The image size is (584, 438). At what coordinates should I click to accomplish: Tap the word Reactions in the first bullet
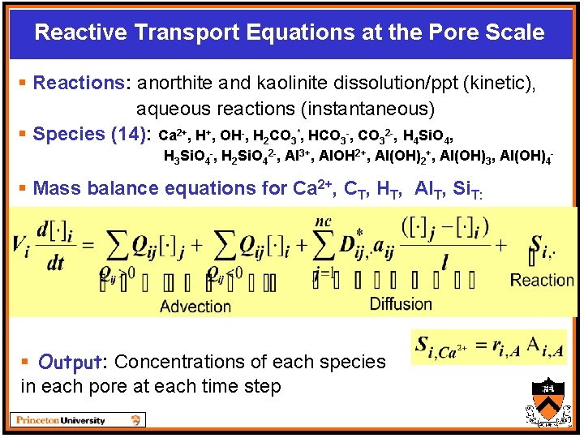pyautogui.click(x=75, y=83)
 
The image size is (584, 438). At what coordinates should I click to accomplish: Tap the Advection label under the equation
pyautogui.click(x=195, y=306)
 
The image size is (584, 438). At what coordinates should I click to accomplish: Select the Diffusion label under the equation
pyautogui.click(x=401, y=303)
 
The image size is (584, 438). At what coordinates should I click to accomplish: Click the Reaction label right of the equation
pyautogui.click(x=542, y=280)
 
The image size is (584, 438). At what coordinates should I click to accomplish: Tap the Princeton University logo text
pyautogui.click(x=60, y=420)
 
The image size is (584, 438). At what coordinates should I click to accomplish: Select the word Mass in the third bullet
pyautogui.click(x=56, y=188)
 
